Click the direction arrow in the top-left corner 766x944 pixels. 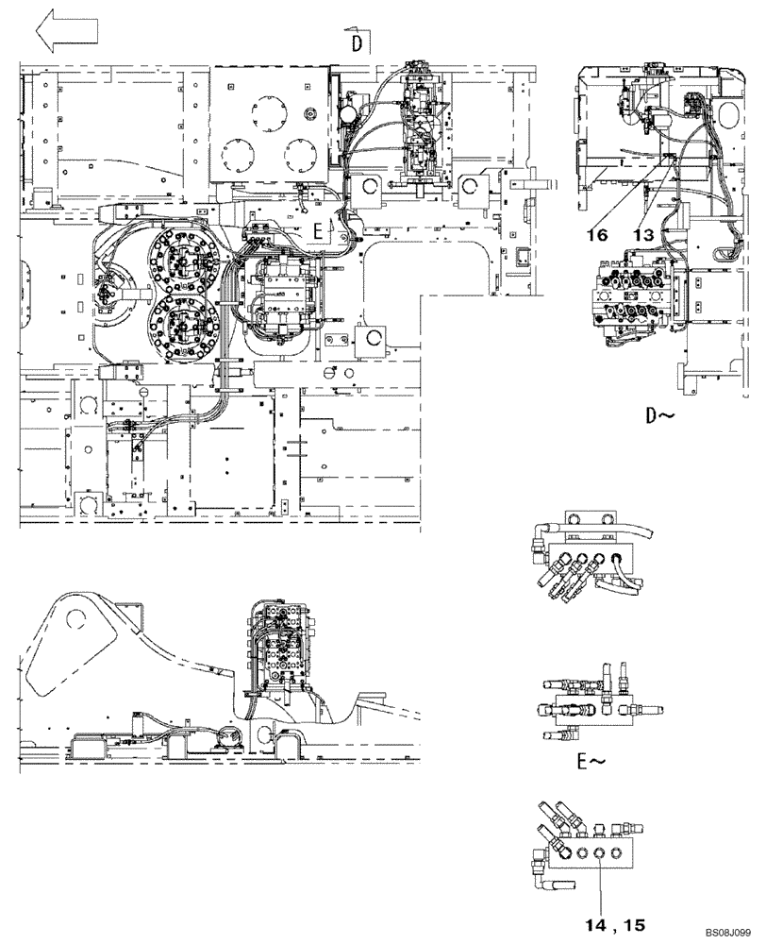tap(66, 31)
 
